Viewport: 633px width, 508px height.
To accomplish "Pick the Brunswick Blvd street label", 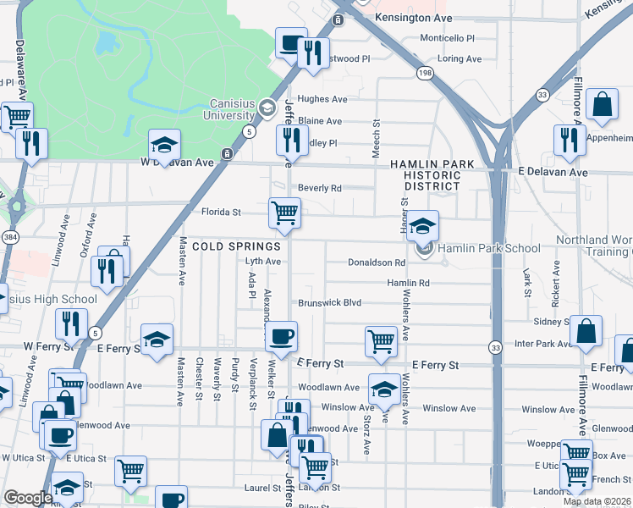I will pyautogui.click(x=328, y=302).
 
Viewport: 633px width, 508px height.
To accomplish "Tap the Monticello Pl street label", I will pyautogui.click(x=448, y=38).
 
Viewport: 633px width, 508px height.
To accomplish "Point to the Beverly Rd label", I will pyautogui.click(x=319, y=188).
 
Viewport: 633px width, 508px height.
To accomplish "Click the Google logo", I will pyautogui.click(x=27, y=498).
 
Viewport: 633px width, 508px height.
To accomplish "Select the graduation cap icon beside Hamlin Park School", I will pyautogui.click(x=422, y=224).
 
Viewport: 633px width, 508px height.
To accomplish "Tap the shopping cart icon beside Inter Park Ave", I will pyautogui.click(x=381, y=341).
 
